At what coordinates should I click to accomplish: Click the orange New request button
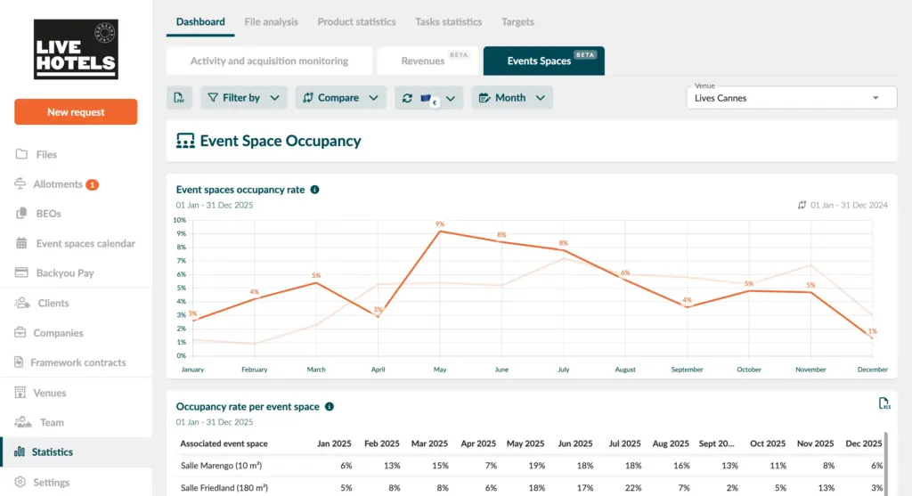click(76, 112)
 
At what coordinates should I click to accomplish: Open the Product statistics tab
click(356, 21)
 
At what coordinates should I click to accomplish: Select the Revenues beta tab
click(427, 61)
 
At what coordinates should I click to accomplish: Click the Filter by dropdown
click(243, 98)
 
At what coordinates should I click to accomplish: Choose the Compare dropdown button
click(340, 98)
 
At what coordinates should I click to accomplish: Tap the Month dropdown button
click(511, 98)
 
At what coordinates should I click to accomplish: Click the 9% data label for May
click(440, 224)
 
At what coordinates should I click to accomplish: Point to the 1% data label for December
click(872, 331)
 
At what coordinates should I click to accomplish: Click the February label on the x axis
click(254, 370)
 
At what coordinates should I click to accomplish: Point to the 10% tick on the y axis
click(180, 220)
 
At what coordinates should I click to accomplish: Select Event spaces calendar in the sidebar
click(85, 243)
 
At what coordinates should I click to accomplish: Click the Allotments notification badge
click(93, 184)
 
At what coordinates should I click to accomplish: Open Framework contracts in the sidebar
click(78, 362)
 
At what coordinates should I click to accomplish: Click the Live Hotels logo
click(76, 50)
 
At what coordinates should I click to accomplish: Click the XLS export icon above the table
click(884, 404)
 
